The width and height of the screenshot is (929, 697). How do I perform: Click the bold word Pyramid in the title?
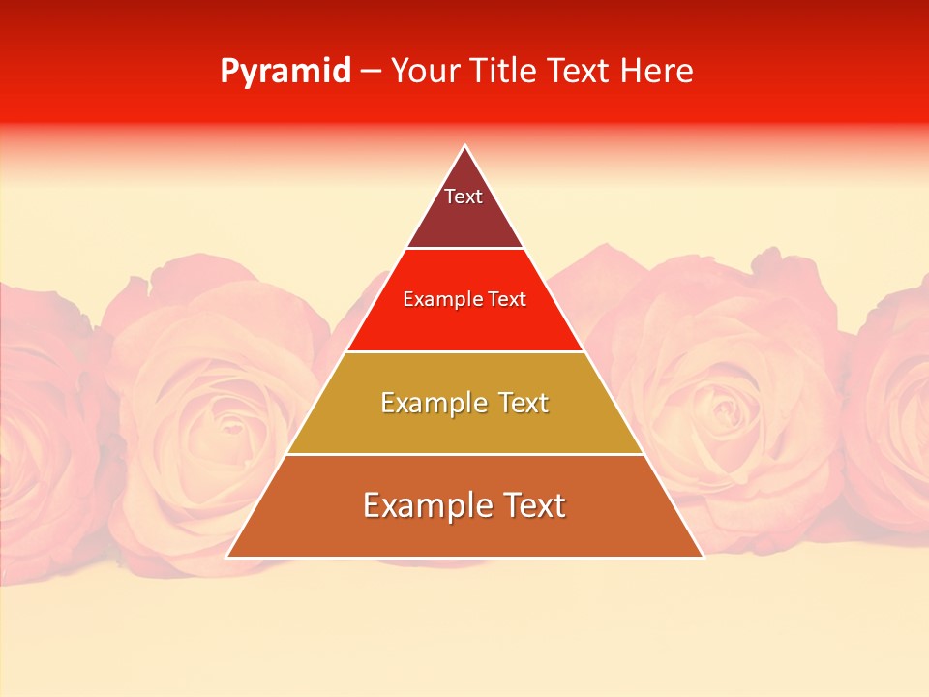click(x=285, y=72)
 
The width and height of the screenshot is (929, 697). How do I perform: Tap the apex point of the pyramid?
click(x=464, y=146)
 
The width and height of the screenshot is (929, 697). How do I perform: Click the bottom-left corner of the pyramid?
click(x=227, y=557)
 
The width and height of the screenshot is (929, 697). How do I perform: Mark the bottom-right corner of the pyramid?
click(x=703, y=557)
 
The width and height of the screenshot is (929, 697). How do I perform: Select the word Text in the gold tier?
click(x=517, y=403)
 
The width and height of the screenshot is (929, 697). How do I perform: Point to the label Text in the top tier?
click(x=464, y=197)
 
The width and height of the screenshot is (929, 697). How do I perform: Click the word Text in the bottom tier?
click(x=531, y=505)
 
